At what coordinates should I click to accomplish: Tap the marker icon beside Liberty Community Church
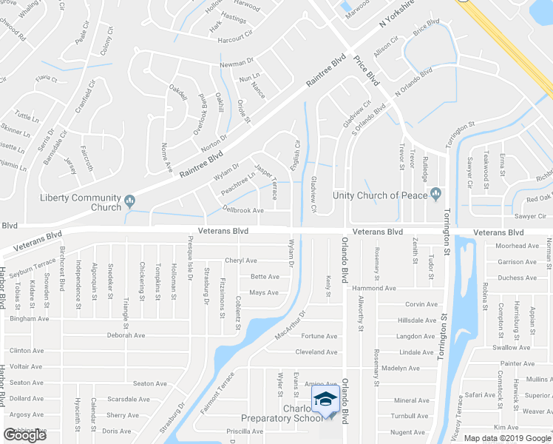(x=130, y=199)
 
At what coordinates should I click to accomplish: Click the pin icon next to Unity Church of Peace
(x=436, y=194)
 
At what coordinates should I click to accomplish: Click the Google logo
(x=25, y=435)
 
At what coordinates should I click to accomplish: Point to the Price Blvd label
(x=366, y=72)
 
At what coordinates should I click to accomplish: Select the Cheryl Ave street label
(x=240, y=260)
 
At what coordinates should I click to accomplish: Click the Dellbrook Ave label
(x=243, y=210)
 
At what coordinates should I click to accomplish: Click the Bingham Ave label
(x=29, y=319)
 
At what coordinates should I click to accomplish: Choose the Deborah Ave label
(x=126, y=335)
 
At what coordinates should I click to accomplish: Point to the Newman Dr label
(x=237, y=64)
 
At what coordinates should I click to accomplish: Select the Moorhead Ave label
(x=517, y=246)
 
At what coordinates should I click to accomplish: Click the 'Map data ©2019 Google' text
(x=503, y=438)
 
